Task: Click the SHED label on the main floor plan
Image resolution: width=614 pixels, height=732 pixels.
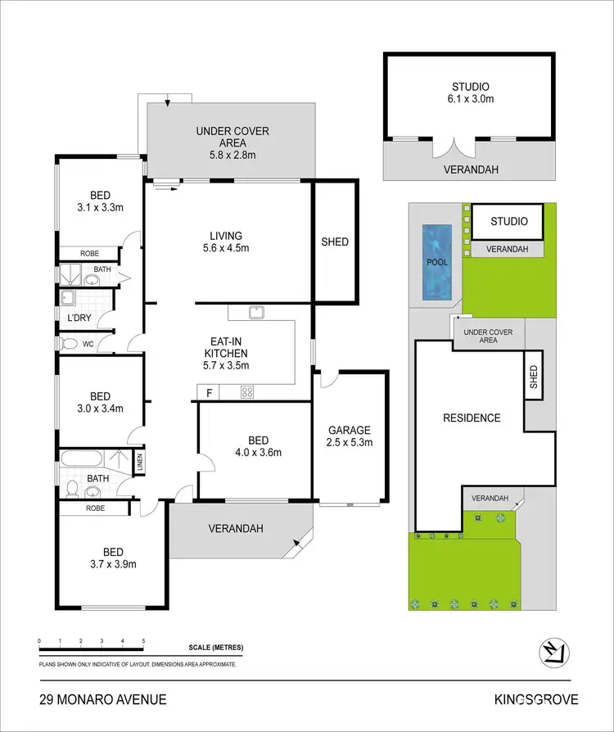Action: (335, 242)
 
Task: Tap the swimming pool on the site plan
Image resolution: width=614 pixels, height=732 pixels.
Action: (437, 261)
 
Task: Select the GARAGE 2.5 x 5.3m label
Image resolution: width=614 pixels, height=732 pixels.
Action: (350, 436)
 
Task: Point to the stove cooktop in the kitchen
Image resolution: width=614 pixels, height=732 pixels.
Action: (247, 392)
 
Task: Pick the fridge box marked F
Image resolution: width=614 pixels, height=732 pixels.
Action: (210, 393)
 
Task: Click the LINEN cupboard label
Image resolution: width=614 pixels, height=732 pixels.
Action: (138, 463)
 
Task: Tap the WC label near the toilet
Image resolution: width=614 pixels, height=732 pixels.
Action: (88, 344)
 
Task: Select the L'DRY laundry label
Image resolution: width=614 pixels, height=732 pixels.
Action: (80, 317)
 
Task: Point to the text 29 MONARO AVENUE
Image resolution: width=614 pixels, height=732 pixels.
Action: (103, 699)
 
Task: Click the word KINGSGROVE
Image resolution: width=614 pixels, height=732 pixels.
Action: (536, 699)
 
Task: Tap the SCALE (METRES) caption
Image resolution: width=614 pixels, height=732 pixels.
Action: (215, 648)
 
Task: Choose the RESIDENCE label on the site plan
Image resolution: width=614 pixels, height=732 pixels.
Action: (472, 418)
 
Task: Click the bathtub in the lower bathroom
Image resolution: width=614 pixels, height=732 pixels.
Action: (80, 459)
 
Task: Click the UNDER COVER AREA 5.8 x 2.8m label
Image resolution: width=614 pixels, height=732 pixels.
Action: (232, 137)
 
